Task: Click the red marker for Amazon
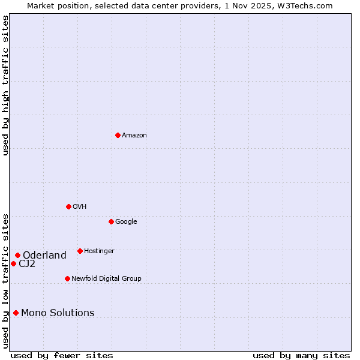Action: pos(118,135)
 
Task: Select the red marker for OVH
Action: pos(68,206)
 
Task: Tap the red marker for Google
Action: pos(111,221)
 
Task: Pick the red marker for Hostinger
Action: pos(80,251)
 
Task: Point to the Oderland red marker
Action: pos(17,255)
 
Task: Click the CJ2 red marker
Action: pos(13,263)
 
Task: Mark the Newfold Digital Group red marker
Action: pos(67,278)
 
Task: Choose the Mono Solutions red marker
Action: pos(16,313)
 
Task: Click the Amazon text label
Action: pos(134,136)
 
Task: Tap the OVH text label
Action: pos(80,207)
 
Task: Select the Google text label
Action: pos(126,222)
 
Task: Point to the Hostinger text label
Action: pos(99,251)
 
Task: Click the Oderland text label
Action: pos(44,256)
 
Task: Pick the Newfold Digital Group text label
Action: pos(106,279)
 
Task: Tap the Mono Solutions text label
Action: pos(58,313)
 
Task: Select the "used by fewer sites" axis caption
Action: pos(62,355)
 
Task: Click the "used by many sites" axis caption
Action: pos(301,355)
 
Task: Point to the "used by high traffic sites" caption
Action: pos(5,85)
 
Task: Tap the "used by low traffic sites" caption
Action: pos(5,280)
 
